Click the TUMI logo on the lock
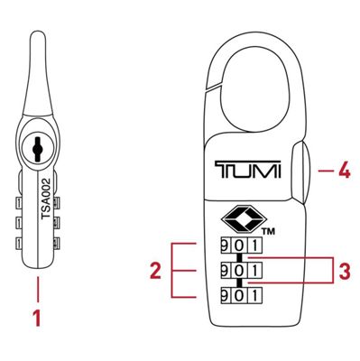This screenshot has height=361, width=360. (x=248, y=170)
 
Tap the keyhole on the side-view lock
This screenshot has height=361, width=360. (x=36, y=146)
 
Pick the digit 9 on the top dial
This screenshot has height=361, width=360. (x=225, y=245)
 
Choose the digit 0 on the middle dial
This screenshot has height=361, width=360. (x=239, y=269)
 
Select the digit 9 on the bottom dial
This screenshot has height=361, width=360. (x=225, y=293)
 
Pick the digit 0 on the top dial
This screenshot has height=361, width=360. (x=239, y=245)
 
